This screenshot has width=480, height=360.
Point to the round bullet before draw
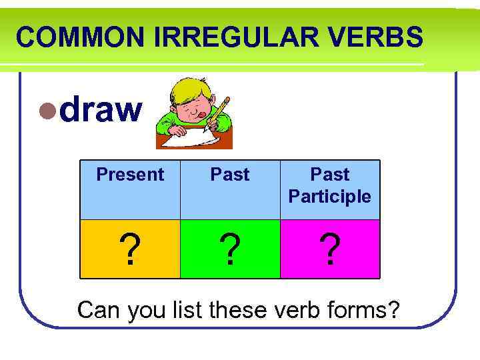pyautogui.click(x=47, y=111)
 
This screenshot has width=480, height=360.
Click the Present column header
pyautogui.click(x=130, y=175)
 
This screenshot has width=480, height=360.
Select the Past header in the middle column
pyautogui.click(x=230, y=175)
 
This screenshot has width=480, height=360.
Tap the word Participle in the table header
pyautogui.click(x=329, y=197)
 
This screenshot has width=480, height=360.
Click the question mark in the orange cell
pyautogui.click(x=132, y=250)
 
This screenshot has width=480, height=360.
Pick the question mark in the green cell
pyautogui.click(x=230, y=250)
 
